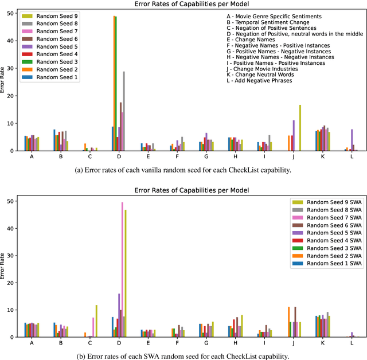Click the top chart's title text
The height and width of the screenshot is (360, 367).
(184, 5)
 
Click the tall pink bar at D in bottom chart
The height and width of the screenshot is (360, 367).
(122, 269)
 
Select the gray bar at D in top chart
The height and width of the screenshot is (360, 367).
(123, 111)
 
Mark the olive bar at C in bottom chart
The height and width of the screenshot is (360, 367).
(96, 321)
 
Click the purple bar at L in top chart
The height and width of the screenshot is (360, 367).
(352, 140)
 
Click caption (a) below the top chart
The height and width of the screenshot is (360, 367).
(183, 170)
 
